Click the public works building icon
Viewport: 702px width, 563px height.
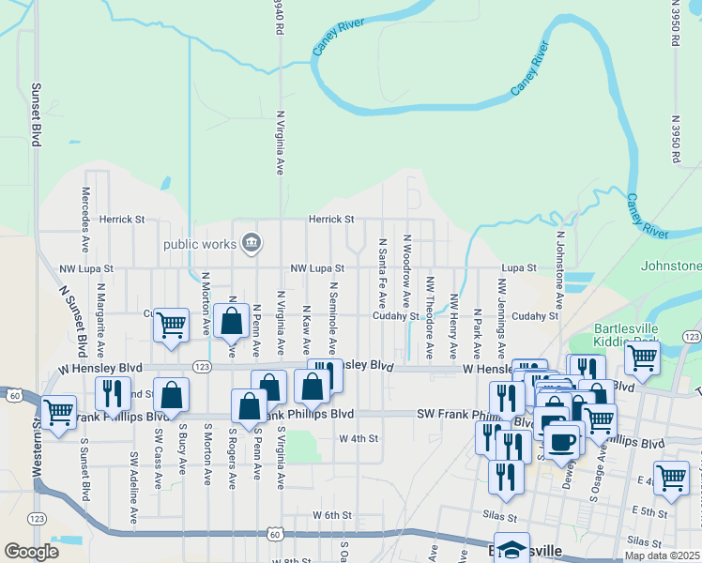(x=251, y=244)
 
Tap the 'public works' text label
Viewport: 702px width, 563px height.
(x=200, y=245)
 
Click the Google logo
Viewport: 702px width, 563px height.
(x=31, y=552)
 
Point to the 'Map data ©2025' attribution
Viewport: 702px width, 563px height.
(x=663, y=555)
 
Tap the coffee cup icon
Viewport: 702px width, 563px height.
(x=563, y=441)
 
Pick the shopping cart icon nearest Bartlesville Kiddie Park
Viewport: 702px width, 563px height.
(x=642, y=357)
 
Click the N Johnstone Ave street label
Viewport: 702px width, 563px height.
(x=559, y=272)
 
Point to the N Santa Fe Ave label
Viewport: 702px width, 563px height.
(x=383, y=273)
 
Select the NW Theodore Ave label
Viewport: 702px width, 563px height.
(x=430, y=317)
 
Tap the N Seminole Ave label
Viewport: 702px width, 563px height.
(x=332, y=312)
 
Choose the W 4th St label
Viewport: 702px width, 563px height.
(x=358, y=438)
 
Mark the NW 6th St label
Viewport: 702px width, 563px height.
(x=331, y=515)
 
